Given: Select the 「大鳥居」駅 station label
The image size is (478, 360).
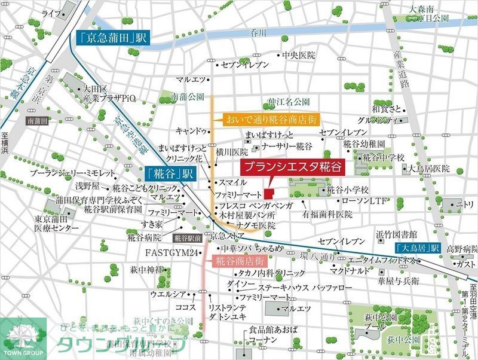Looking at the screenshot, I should pos(417,248).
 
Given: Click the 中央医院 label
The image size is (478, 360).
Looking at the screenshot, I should pos(298,56).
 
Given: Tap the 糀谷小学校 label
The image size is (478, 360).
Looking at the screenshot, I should pos(347,190).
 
